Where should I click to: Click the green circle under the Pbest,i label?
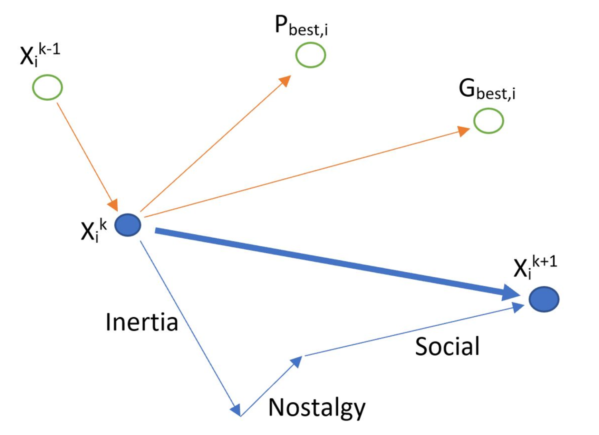pos(310,55)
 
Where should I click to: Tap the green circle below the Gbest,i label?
pos(488,121)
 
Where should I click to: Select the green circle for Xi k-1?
pos(48,87)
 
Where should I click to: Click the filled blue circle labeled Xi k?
pos(128,225)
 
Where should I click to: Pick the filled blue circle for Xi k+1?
pos(544,299)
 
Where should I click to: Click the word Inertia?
pos(142,322)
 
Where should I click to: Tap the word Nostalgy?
pos(317,408)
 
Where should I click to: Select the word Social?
pos(447,346)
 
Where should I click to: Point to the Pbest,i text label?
pos(301,26)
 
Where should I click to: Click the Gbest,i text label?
pos(487,90)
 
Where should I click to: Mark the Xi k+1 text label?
pos(535,267)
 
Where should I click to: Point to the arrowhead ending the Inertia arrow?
pos(236,409)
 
